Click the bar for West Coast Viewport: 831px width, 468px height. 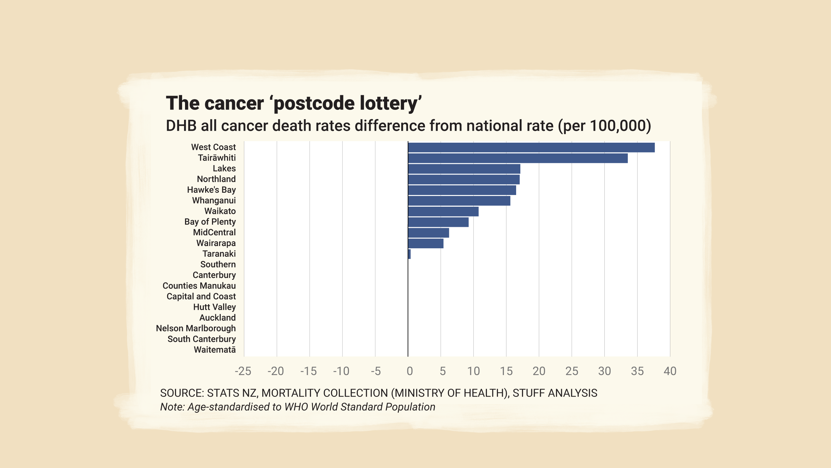[531, 148]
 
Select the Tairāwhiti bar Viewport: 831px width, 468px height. [518, 158]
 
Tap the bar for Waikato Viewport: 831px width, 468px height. [443, 212]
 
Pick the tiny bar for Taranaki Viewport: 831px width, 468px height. [409, 254]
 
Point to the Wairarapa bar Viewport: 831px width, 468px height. [426, 243]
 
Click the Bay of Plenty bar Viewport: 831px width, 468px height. [438, 222]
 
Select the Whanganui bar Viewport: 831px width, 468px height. [459, 201]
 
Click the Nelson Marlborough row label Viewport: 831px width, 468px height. [196, 328]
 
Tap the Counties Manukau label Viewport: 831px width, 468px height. [199, 286]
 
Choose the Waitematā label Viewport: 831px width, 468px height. [215, 350]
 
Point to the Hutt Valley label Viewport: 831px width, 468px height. [214, 307]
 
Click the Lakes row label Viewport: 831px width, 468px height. [224, 168]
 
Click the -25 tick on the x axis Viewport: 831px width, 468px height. [243, 371]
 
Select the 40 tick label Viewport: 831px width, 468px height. [670, 371]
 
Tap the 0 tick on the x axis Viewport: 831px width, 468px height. [410, 371]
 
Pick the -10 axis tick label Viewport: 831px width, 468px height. [341, 371]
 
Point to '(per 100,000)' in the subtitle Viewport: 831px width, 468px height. [604, 126]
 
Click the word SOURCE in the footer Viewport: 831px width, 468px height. [182, 393]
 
